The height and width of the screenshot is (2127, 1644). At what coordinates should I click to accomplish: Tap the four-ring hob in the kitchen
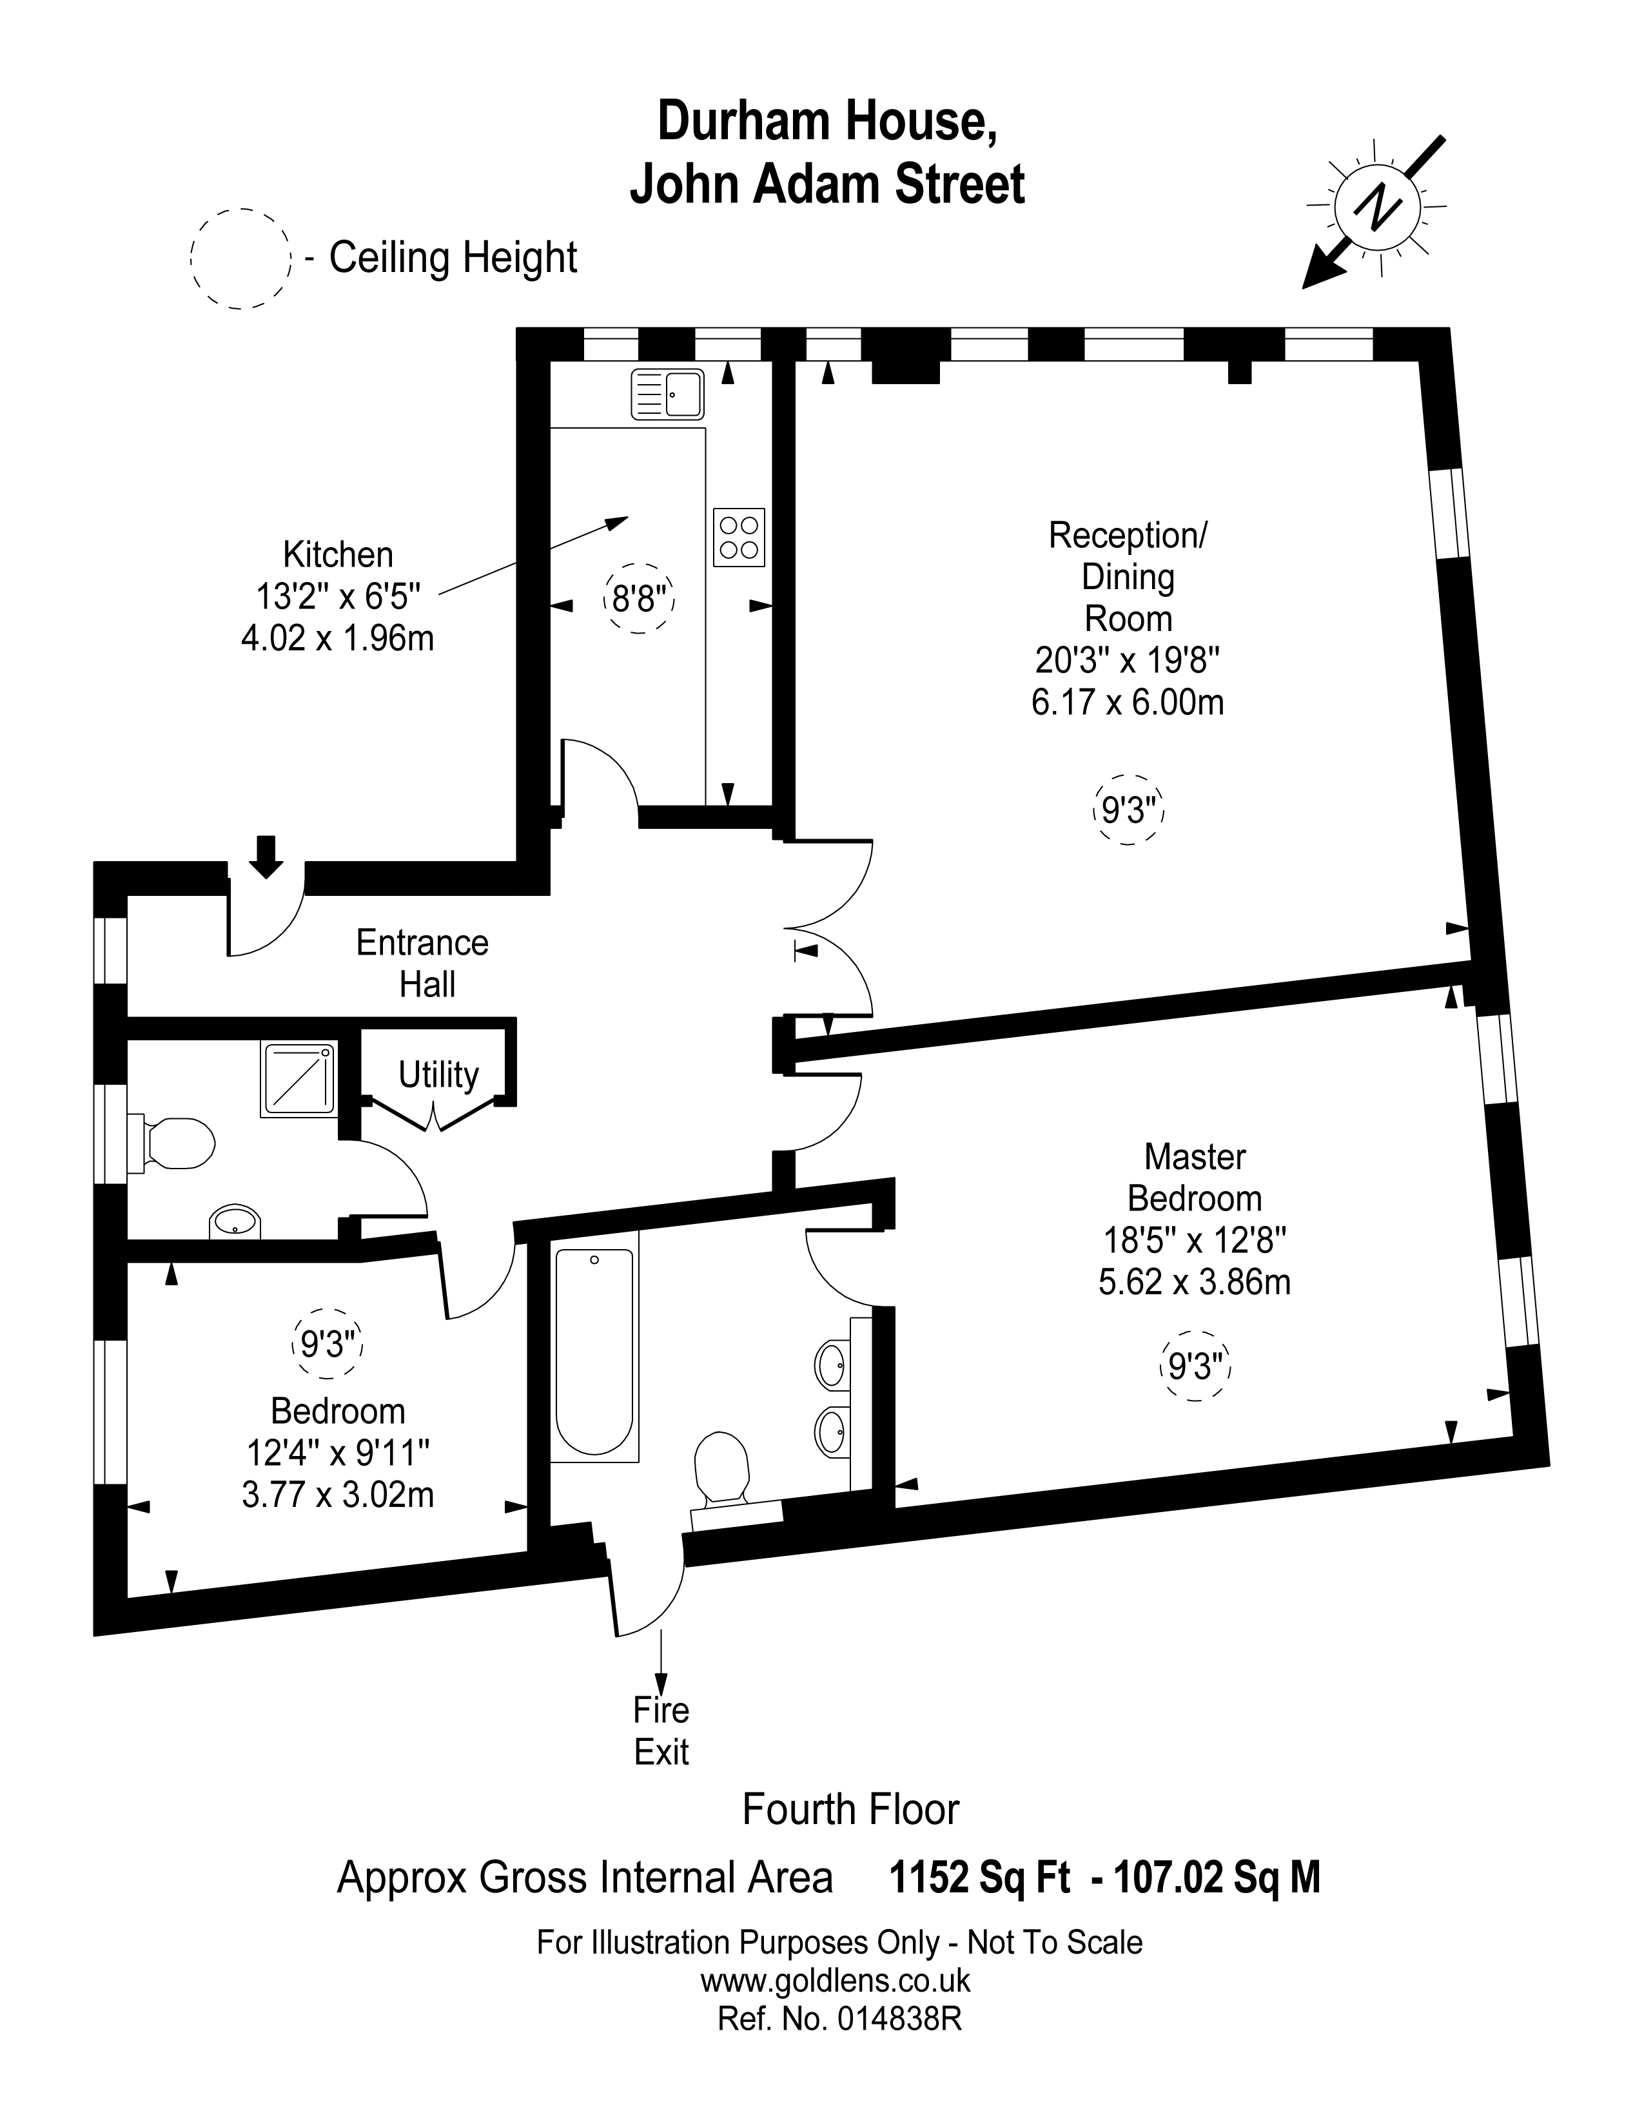[738, 537]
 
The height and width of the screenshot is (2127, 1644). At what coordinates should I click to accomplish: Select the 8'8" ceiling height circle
[638, 598]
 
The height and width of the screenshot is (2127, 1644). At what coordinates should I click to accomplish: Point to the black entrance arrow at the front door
[266, 856]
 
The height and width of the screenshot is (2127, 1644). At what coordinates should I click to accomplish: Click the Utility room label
[438, 1075]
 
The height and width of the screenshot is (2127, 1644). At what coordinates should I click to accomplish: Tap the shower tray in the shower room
[298, 1080]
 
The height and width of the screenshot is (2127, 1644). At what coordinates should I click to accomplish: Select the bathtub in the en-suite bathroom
[594, 1354]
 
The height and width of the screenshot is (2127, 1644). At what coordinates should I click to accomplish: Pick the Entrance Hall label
[423, 963]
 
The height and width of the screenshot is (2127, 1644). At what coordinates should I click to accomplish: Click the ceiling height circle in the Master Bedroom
[1195, 1367]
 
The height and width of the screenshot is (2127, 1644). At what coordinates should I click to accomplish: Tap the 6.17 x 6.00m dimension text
[1127, 702]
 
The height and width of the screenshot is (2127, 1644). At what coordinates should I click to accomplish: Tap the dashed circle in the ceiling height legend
[240, 259]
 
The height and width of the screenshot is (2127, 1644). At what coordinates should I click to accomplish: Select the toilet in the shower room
[176, 1142]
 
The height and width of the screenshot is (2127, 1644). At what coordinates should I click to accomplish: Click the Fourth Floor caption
[850, 1809]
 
